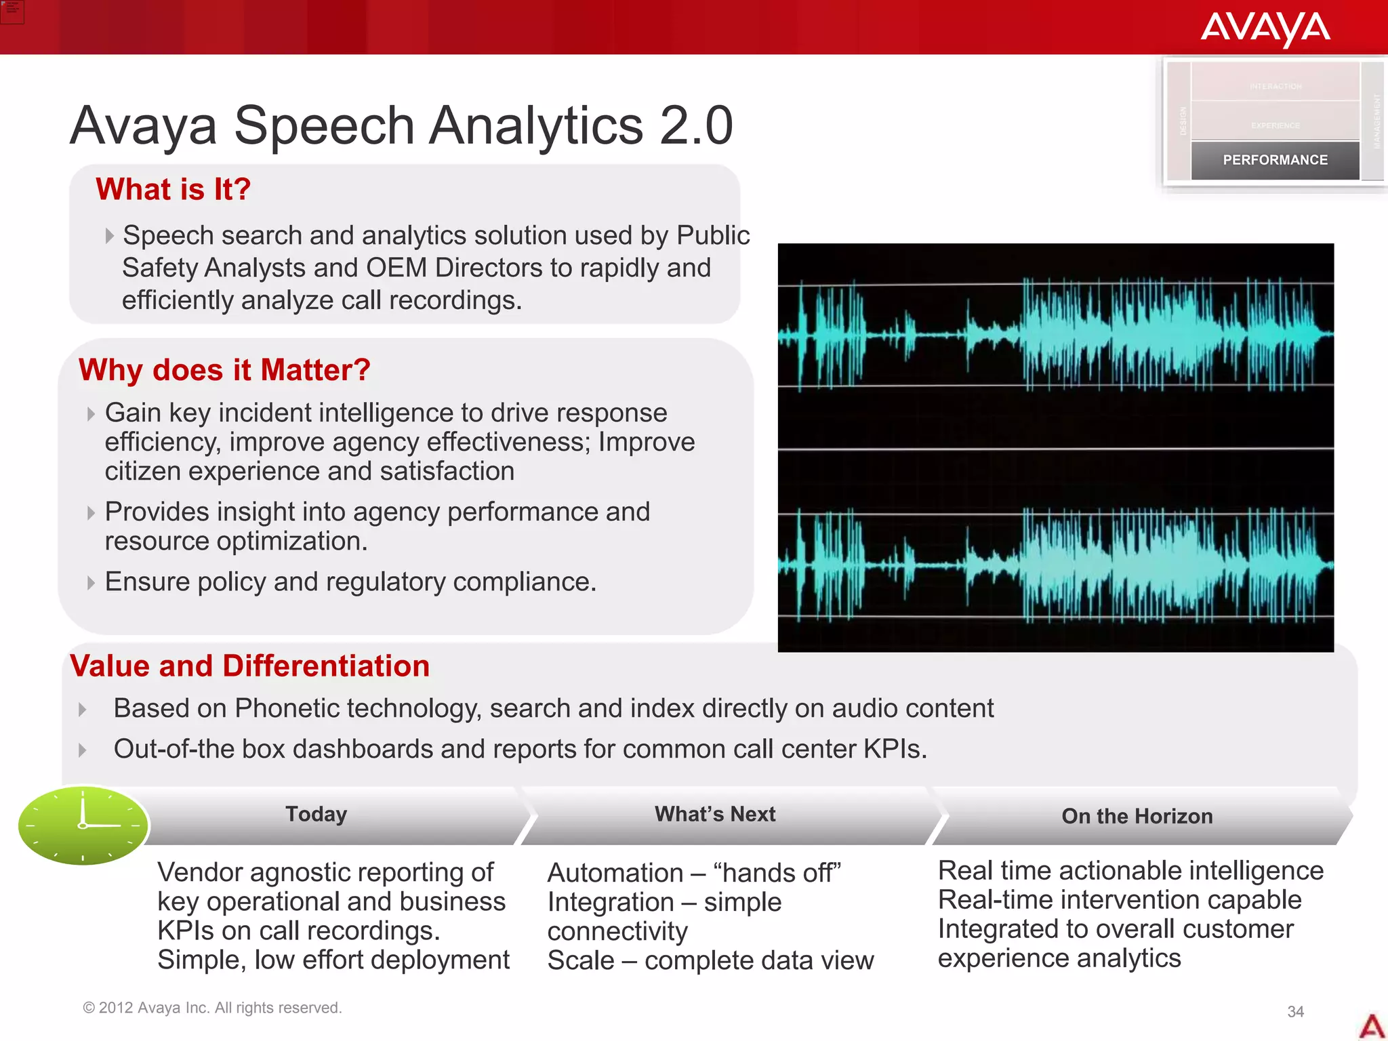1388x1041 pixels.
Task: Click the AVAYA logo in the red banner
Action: pyautogui.click(x=1265, y=28)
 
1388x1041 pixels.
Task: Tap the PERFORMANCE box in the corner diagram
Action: pyautogui.click(x=1275, y=160)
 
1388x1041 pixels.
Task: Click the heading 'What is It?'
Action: pyautogui.click(x=173, y=189)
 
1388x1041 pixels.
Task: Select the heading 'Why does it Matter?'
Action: pyautogui.click(x=224, y=370)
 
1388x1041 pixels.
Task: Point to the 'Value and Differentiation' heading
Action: pyautogui.click(x=250, y=666)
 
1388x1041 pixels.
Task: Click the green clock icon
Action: pyautogui.click(x=83, y=825)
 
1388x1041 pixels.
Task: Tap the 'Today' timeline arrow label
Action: pyautogui.click(x=316, y=814)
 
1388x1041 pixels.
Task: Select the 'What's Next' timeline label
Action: pyautogui.click(x=715, y=814)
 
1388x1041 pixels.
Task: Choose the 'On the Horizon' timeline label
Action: pyautogui.click(x=1137, y=816)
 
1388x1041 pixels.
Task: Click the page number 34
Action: pyautogui.click(x=1295, y=1011)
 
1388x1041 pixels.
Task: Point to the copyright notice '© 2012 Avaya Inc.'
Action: pyautogui.click(x=212, y=1008)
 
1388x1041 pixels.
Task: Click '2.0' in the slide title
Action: pyautogui.click(x=696, y=125)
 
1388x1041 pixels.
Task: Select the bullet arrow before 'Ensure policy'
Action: pyautogui.click(x=91, y=583)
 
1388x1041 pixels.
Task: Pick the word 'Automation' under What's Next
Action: pyautogui.click(x=615, y=873)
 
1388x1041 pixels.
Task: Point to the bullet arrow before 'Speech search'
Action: pyautogui.click(x=109, y=236)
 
